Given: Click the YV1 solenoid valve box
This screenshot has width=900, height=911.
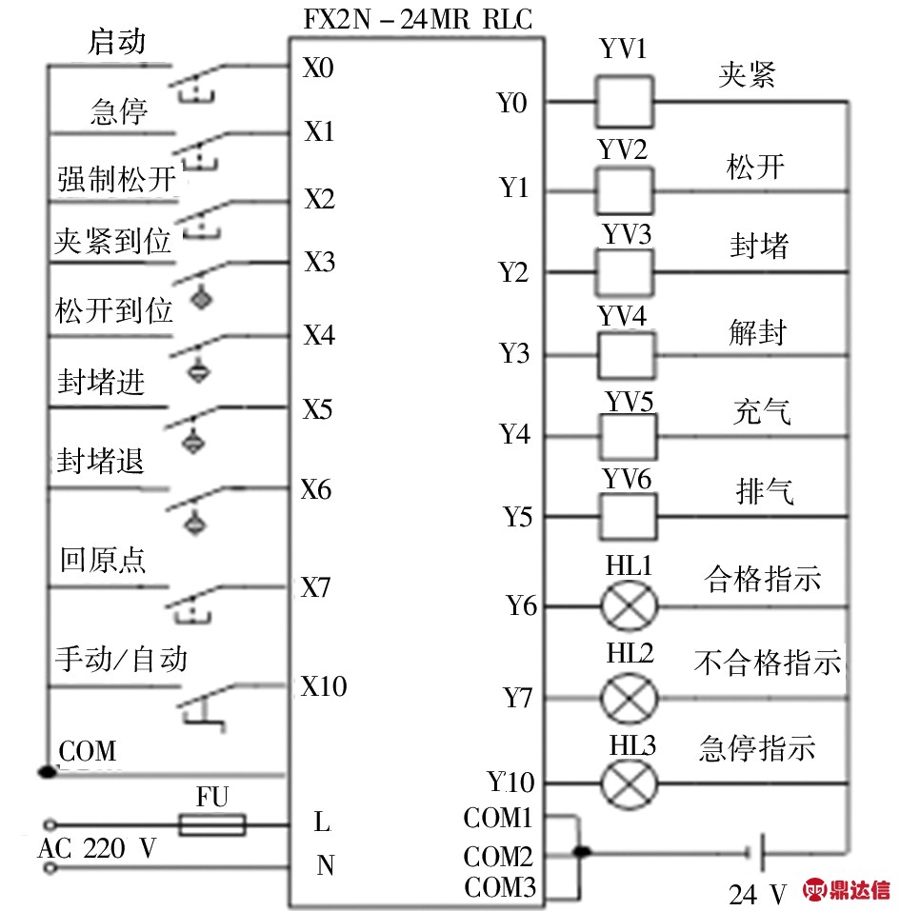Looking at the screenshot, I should [624, 102].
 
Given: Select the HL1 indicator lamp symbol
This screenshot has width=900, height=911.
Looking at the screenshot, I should [629, 605].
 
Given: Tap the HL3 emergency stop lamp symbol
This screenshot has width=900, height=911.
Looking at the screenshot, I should [629, 783].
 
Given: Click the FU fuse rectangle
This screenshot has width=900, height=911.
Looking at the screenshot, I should [211, 824].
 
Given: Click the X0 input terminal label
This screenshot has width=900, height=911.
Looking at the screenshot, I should [319, 69].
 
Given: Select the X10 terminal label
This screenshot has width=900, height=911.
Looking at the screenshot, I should [324, 685].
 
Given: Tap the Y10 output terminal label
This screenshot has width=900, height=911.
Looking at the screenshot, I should [511, 782].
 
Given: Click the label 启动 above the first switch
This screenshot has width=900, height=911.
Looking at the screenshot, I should [117, 41].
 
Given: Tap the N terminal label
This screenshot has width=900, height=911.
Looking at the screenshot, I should [326, 865].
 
